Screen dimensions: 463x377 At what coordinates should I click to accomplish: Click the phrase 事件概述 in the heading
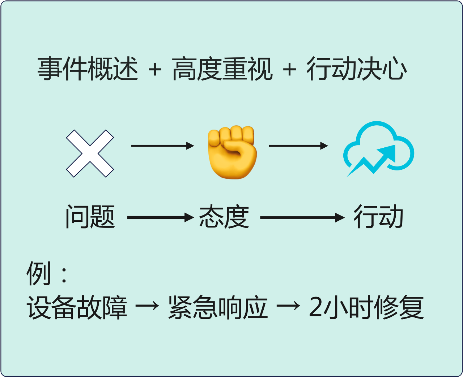point(88,69)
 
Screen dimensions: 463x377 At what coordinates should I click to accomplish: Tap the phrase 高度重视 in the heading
point(222,69)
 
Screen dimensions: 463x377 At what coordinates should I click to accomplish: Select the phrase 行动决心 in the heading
point(357,69)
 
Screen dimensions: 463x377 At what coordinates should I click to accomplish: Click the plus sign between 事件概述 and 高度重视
point(155,69)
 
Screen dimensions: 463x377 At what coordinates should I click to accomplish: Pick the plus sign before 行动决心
point(290,69)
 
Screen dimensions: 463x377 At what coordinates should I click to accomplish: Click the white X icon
point(90,153)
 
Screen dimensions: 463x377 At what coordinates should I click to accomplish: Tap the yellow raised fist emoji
point(232,152)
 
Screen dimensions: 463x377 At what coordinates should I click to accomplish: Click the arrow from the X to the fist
point(162,146)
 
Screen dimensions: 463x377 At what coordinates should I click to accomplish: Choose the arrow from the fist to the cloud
point(298,146)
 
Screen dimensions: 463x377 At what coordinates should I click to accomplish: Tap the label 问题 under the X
point(90,217)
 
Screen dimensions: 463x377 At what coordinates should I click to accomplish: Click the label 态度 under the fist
point(224,217)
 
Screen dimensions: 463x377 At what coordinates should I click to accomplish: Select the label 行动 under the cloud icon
point(378,217)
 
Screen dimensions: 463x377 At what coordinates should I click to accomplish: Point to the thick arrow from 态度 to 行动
point(302,217)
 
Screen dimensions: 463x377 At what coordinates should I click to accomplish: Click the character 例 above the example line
point(38,273)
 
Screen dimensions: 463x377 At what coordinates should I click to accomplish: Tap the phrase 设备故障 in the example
point(77,308)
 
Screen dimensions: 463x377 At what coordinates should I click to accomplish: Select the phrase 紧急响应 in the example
point(218,308)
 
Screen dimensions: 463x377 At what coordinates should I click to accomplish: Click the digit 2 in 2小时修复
point(315,308)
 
